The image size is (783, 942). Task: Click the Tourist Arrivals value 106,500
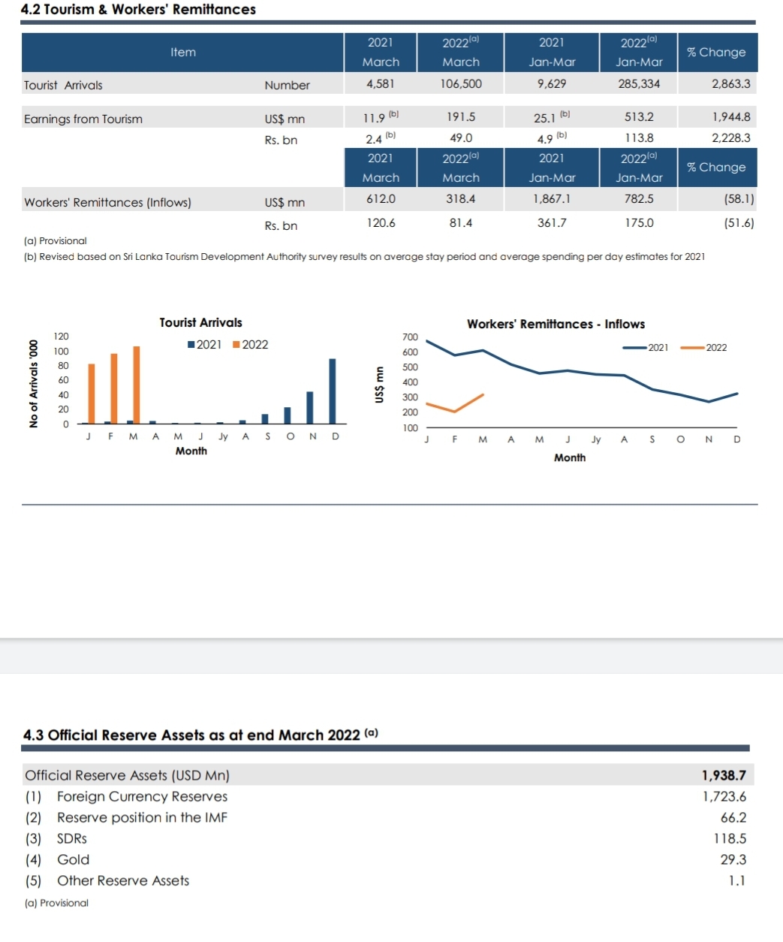tap(461, 83)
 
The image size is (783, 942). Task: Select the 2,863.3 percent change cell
tap(730, 83)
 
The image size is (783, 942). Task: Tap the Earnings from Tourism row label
tap(83, 119)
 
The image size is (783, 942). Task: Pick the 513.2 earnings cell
tap(639, 117)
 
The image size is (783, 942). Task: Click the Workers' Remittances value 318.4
tap(461, 198)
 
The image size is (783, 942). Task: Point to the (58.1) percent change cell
tap(739, 198)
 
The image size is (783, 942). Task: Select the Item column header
tap(183, 52)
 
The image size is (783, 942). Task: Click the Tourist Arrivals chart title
tap(200, 322)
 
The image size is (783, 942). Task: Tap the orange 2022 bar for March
tap(137, 385)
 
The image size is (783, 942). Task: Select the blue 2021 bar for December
tap(333, 391)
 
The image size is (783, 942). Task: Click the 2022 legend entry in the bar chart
tap(250, 344)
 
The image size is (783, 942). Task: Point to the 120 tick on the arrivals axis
tap(61, 336)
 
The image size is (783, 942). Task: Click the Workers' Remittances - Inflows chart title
tap(556, 324)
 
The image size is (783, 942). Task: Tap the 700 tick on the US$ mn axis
tap(410, 337)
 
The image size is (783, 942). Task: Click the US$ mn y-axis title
tap(379, 385)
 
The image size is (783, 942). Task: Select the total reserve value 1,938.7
tap(724, 775)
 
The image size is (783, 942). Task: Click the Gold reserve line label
tap(73, 859)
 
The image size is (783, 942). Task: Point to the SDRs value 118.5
tap(730, 838)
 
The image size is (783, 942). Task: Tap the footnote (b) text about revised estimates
tap(364, 257)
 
